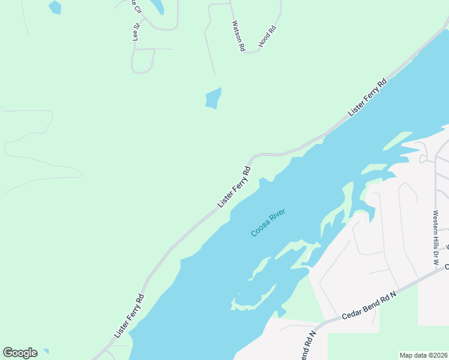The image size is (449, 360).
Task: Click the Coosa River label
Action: click(268, 222)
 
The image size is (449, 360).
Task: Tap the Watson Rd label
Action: click(238, 35)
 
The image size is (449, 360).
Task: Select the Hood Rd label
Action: click(267, 37)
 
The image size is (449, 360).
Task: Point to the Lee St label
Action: click(136, 32)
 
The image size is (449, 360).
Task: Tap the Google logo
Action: click(20, 353)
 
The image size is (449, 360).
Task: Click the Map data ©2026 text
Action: click(424, 355)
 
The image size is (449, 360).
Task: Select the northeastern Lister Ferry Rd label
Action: click(367, 97)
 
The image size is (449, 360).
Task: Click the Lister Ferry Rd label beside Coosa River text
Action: click(234, 187)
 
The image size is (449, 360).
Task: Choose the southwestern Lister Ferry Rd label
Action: click(129, 315)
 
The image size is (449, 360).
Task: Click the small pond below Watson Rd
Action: click(213, 98)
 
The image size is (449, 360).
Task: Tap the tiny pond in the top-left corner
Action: click(55, 7)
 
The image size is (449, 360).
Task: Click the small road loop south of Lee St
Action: click(143, 61)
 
